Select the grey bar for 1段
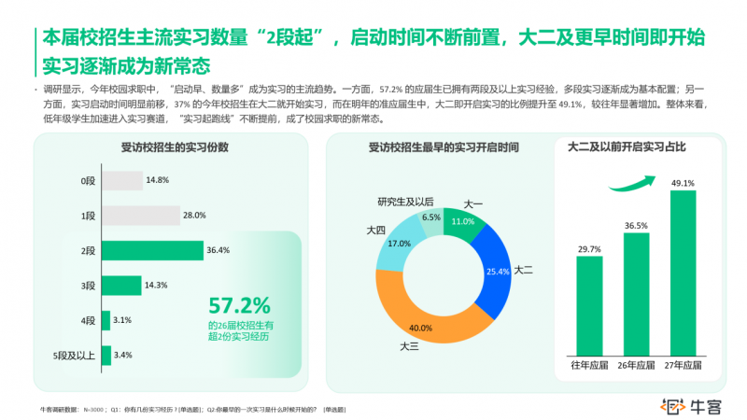coord(162,216)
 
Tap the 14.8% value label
coord(157,180)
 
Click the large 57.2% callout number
coord(239,305)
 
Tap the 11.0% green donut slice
coord(462,220)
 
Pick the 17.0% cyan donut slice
coord(401,244)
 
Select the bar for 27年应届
coord(683,271)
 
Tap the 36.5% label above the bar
coord(636,225)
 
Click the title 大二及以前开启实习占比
coord(627,147)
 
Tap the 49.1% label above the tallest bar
coord(683,183)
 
